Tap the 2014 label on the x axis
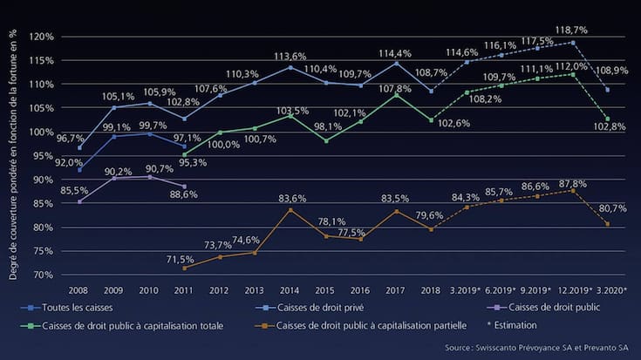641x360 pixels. tap(291, 289)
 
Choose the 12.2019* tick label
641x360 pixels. tap(567, 289)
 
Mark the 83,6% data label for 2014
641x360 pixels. tap(291, 199)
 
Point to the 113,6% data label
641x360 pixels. tap(291, 57)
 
